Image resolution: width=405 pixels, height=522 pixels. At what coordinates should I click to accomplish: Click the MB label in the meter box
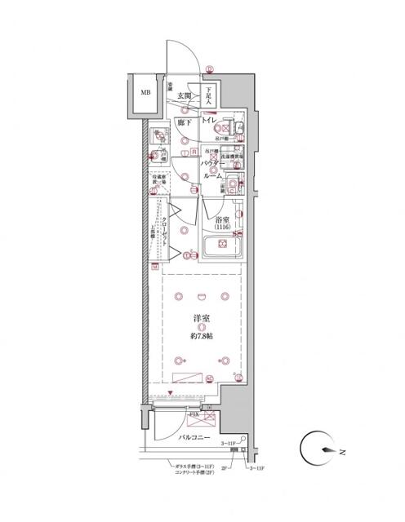tap(145, 93)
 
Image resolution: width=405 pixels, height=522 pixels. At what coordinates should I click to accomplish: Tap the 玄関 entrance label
tap(184, 96)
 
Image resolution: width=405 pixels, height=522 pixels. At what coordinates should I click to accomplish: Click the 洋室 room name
tap(200, 321)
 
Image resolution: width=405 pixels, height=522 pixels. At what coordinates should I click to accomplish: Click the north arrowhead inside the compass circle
tap(331, 450)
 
